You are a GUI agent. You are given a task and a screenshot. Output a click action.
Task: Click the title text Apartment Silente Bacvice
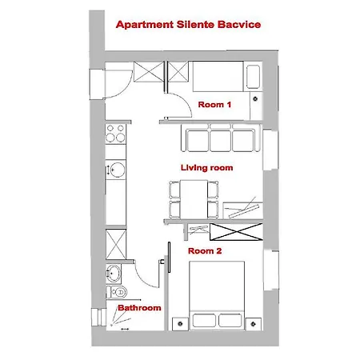tap(188, 24)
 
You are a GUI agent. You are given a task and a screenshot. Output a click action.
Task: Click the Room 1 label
tap(214, 105)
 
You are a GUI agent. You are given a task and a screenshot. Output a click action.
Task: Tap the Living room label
tap(206, 167)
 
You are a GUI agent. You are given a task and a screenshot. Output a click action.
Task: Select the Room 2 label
tap(205, 250)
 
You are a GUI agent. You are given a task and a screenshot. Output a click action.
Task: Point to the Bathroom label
tap(140, 307)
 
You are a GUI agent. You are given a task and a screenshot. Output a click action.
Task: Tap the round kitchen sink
tap(117, 170)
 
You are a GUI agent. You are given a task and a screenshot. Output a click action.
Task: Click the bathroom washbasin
tap(114, 272)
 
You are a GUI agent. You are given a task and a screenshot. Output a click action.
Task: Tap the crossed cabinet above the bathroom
tap(116, 241)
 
